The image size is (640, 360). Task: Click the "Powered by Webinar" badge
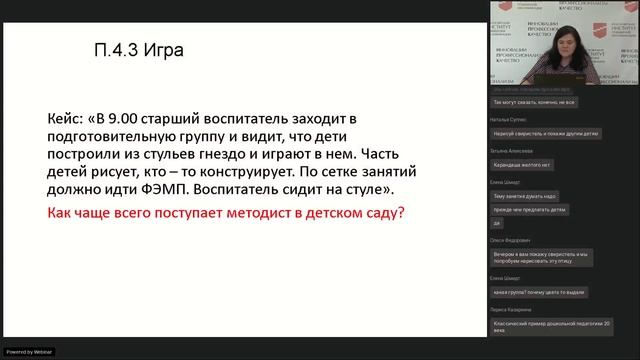click(x=30, y=352)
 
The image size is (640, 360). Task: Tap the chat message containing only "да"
click(x=497, y=224)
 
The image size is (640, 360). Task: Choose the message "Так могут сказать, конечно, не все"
click(x=534, y=102)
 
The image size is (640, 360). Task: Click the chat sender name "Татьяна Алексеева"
click(x=511, y=151)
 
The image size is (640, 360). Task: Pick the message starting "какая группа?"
click(x=535, y=291)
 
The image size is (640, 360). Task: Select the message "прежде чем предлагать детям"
click(x=530, y=210)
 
